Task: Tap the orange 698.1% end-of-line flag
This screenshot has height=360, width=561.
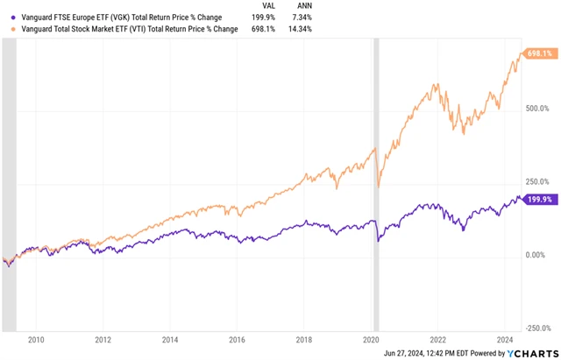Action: coord(538,54)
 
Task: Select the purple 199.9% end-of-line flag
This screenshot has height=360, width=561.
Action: coord(538,200)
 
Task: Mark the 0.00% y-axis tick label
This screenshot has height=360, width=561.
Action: coord(536,254)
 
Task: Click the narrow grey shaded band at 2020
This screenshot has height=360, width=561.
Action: coord(378,175)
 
